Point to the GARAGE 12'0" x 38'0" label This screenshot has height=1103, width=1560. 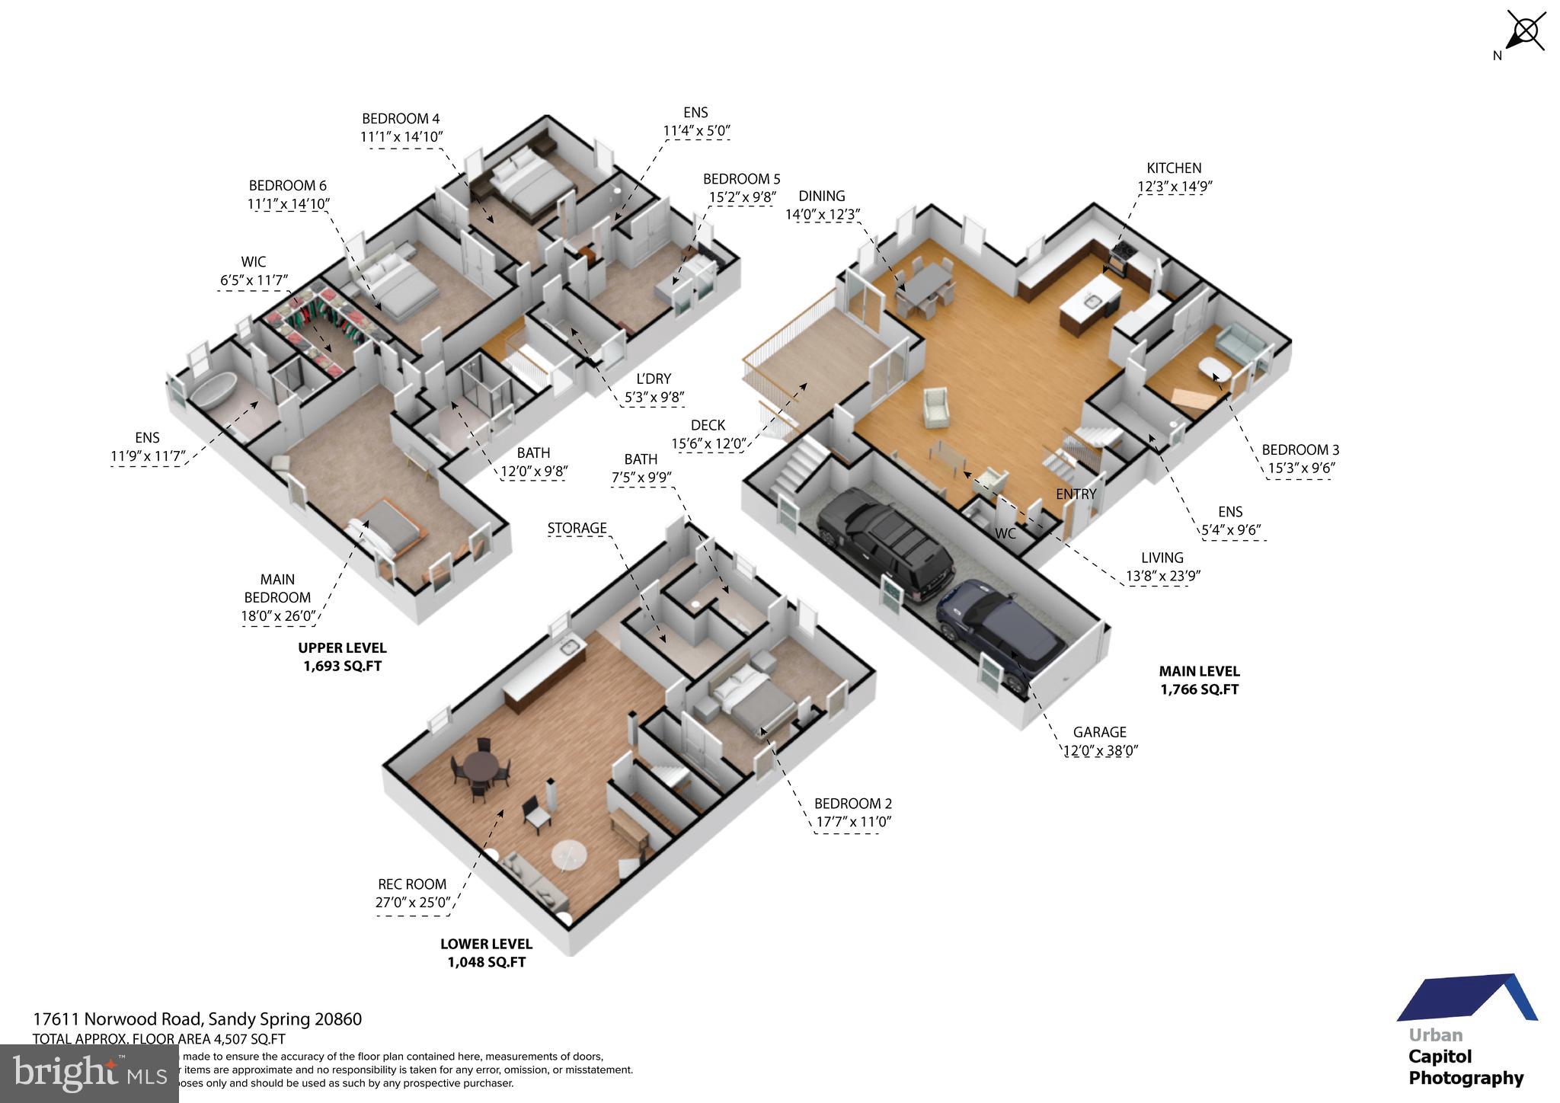(x=1100, y=741)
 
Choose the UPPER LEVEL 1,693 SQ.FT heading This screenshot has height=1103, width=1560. (x=342, y=657)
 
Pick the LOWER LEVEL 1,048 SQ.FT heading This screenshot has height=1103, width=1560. (x=486, y=952)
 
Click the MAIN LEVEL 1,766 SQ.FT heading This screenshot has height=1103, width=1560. (x=1199, y=680)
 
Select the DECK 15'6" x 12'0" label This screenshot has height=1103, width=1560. (x=708, y=434)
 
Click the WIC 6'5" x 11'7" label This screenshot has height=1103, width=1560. (x=254, y=271)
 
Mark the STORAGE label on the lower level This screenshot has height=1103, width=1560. (x=577, y=528)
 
